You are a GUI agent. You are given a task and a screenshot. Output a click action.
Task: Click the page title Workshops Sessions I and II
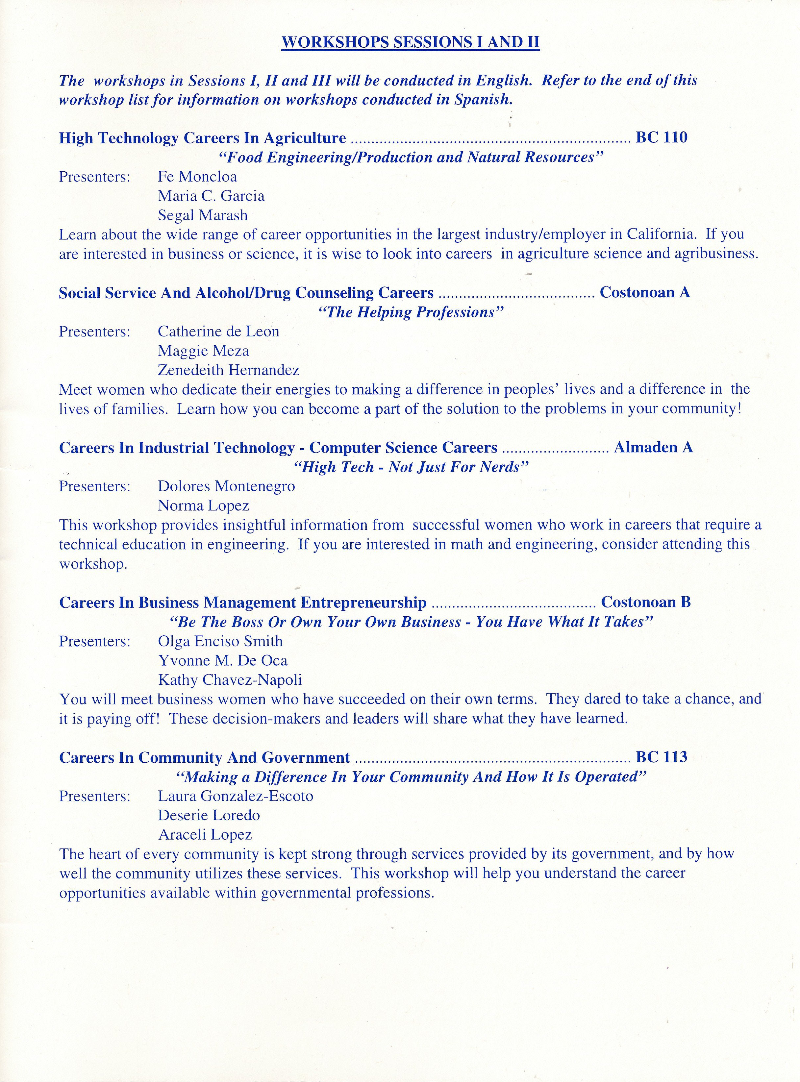click(410, 43)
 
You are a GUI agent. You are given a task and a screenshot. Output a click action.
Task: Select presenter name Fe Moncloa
click(197, 177)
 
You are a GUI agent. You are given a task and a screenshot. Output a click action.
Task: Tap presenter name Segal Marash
click(202, 215)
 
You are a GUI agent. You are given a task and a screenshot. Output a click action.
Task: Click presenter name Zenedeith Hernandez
click(228, 370)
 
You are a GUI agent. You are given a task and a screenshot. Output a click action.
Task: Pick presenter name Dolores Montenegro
click(226, 486)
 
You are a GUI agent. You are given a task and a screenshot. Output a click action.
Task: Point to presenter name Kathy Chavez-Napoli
click(230, 680)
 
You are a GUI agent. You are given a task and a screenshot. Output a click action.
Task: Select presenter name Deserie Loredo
click(209, 815)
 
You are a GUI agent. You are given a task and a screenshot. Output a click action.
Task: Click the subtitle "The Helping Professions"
click(411, 312)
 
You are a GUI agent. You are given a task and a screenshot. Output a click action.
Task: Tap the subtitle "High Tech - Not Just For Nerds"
click(411, 467)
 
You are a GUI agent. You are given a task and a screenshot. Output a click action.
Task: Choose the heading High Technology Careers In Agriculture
click(202, 138)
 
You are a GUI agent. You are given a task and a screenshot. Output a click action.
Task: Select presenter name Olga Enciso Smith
click(220, 641)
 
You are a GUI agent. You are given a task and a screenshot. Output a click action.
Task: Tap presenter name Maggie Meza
click(203, 351)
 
